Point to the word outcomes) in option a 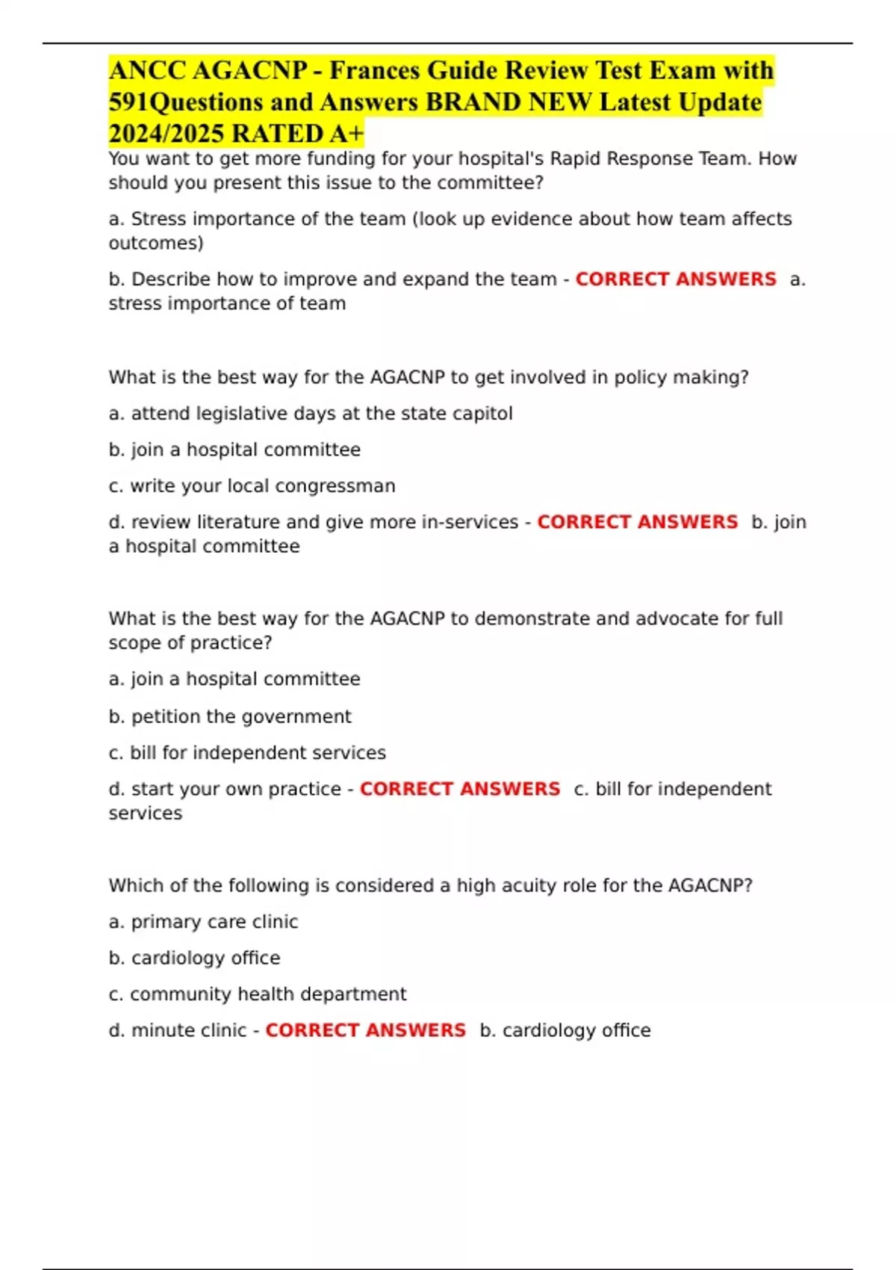point(156,243)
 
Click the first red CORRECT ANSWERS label point(675,279)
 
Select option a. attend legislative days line point(310,413)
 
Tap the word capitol point(483,413)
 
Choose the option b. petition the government point(230,716)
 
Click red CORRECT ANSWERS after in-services point(637,521)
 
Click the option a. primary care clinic point(203,921)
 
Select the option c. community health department point(258,994)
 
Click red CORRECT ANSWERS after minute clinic point(365,1030)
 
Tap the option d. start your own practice point(225,789)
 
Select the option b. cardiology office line point(194,958)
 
